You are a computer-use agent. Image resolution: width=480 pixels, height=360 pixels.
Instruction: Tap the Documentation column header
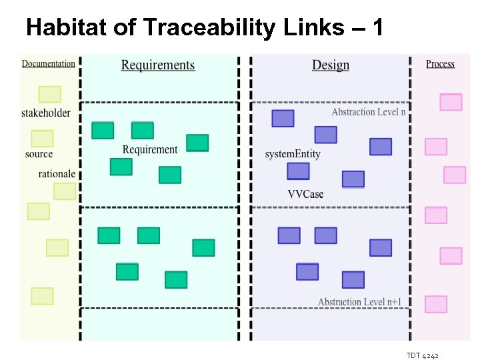pyautogui.click(x=49, y=64)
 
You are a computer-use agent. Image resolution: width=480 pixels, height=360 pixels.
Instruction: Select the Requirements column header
pyautogui.click(x=158, y=65)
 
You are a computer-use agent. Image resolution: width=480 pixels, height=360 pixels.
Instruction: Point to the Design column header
pyautogui.click(x=331, y=65)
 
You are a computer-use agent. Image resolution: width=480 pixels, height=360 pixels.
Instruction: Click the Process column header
pyautogui.click(x=440, y=64)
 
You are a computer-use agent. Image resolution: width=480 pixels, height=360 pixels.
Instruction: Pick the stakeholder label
pyautogui.click(x=46, y=113)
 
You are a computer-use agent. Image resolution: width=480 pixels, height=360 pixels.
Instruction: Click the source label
pyautogui.click(x=39, y=154)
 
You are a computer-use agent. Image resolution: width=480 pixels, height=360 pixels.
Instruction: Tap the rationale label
pyautogui.click(x=57, y=174)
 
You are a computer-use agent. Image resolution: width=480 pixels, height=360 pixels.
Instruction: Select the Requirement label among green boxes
pyautogui.click(x=150, y=149)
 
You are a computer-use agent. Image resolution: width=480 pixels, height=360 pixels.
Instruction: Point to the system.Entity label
pyautogui.click(x=293, y=154)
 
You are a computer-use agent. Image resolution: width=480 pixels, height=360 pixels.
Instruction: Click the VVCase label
pyautogui.click(x=305, y=194)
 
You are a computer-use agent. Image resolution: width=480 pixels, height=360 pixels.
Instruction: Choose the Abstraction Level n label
pyautogui.click(x=369, y=112)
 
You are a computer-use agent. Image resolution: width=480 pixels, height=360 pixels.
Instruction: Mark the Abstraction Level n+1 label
pyautogui.click(x=360, y=302)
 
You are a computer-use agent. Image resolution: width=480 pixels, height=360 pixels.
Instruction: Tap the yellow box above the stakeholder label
pyautogui.click(x=50, y=94)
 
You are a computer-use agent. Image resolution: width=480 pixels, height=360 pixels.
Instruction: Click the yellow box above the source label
pyautogui.click(x=42, y=138)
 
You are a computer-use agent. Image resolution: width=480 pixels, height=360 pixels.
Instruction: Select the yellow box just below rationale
pyautogui.click(x=65, y=191)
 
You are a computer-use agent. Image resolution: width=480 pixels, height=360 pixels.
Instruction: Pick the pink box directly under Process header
pyautogui.click(x=451, y=102)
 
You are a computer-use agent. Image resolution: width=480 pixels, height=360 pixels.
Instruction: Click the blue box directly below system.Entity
pyautogui.click(x=298, y=171)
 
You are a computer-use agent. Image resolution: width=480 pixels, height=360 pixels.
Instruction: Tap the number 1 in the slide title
pyautogui.click(x=378, y=27)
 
